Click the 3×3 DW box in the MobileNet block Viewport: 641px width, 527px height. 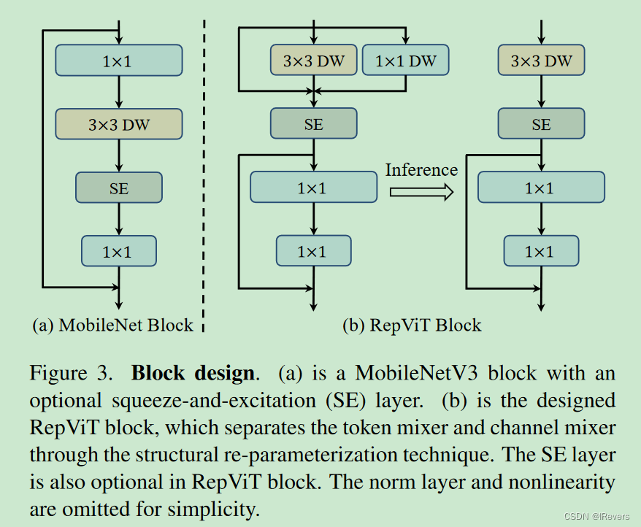pos(118,124)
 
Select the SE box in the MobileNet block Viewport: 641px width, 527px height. pos(118,188)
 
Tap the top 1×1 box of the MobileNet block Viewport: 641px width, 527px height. pos(118,61)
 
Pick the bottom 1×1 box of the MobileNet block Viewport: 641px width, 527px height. pos(118,251)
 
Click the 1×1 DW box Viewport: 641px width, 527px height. pos(405,61)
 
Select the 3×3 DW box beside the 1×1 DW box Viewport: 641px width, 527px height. pos(313,61)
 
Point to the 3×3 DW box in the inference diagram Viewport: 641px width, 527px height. pos(540,61)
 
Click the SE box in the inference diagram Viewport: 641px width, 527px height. pos(541,124)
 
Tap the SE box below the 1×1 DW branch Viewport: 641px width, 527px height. pos(313,124)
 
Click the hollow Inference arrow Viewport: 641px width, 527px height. pos(421,191)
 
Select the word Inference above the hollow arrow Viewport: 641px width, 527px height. pos(421,170)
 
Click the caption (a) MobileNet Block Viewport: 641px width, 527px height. pos(113,325)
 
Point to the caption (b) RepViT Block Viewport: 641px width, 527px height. pos(412,325)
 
